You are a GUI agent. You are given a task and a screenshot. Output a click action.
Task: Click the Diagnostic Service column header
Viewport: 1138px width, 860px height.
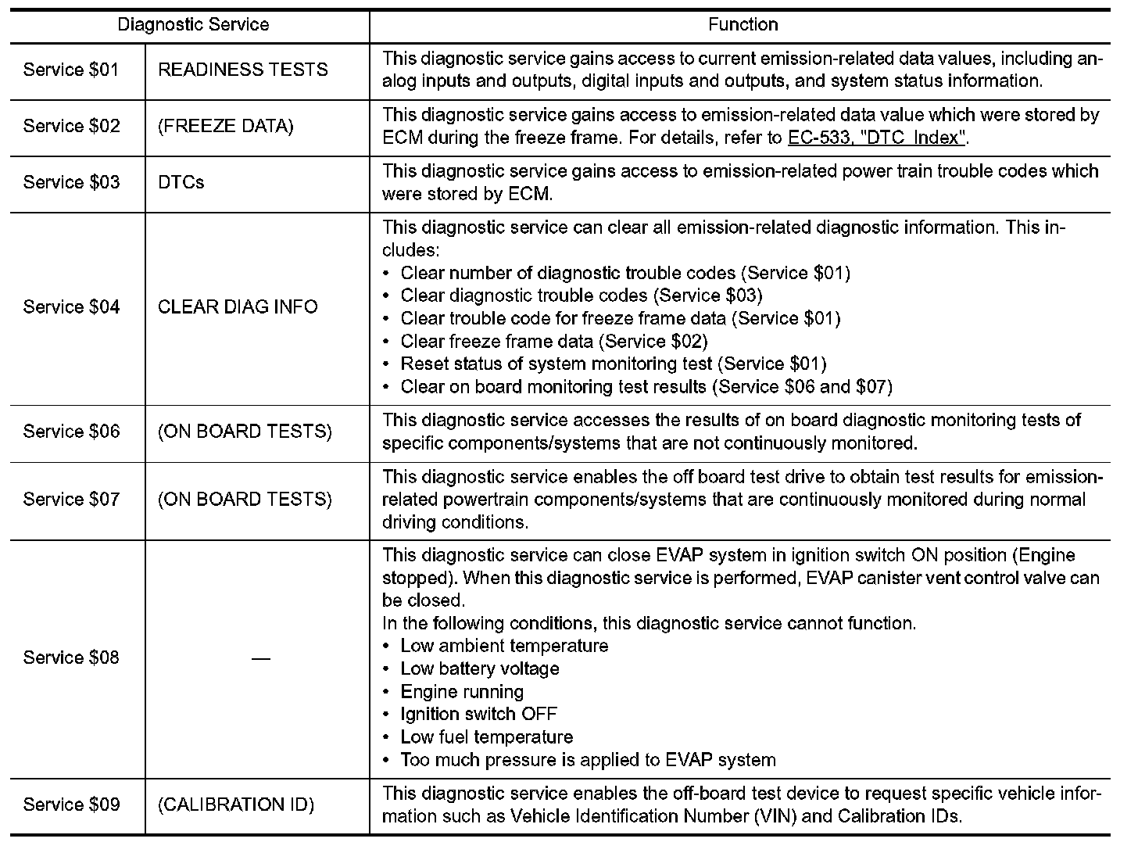(193, 25)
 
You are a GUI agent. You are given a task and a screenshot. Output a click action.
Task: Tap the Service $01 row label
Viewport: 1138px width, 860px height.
(71, 70)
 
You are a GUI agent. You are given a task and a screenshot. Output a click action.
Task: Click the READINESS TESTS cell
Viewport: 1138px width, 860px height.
(242, 70)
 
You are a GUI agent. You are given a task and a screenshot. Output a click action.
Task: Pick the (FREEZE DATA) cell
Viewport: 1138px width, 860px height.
(225, 127)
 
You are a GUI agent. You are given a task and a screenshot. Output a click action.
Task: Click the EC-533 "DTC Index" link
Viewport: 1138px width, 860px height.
(878, 138)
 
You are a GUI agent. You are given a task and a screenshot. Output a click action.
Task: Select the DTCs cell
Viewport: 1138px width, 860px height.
(181, 183)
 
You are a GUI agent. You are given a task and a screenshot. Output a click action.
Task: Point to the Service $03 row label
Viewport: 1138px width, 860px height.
(71, 183)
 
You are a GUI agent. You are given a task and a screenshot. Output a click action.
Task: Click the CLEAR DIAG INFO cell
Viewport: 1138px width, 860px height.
(238, 307)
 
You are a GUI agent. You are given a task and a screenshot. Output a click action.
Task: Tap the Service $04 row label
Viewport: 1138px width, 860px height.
(71, 307)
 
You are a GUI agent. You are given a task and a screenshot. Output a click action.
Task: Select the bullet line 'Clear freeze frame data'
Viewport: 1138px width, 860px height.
(553, 342)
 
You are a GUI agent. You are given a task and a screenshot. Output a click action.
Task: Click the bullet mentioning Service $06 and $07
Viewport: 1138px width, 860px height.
(646, 387)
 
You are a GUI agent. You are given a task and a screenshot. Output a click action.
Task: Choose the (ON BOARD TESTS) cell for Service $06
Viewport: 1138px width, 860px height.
(245, 432)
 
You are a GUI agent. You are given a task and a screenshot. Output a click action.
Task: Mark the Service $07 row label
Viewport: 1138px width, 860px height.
(71, 500)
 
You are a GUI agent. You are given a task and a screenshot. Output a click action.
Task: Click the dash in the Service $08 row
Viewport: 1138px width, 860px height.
(260, 659)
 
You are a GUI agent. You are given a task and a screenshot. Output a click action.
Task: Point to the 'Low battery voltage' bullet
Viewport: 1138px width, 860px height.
(479, 669)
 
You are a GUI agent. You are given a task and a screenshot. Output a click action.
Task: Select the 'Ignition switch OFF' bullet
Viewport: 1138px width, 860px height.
(478, 715)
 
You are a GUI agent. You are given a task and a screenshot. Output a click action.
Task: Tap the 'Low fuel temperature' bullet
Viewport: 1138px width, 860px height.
(486, 737)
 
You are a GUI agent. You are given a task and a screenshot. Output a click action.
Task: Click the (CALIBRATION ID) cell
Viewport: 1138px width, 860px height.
(236, 805)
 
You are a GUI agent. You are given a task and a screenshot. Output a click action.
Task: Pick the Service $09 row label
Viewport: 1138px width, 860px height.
(71, 805)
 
